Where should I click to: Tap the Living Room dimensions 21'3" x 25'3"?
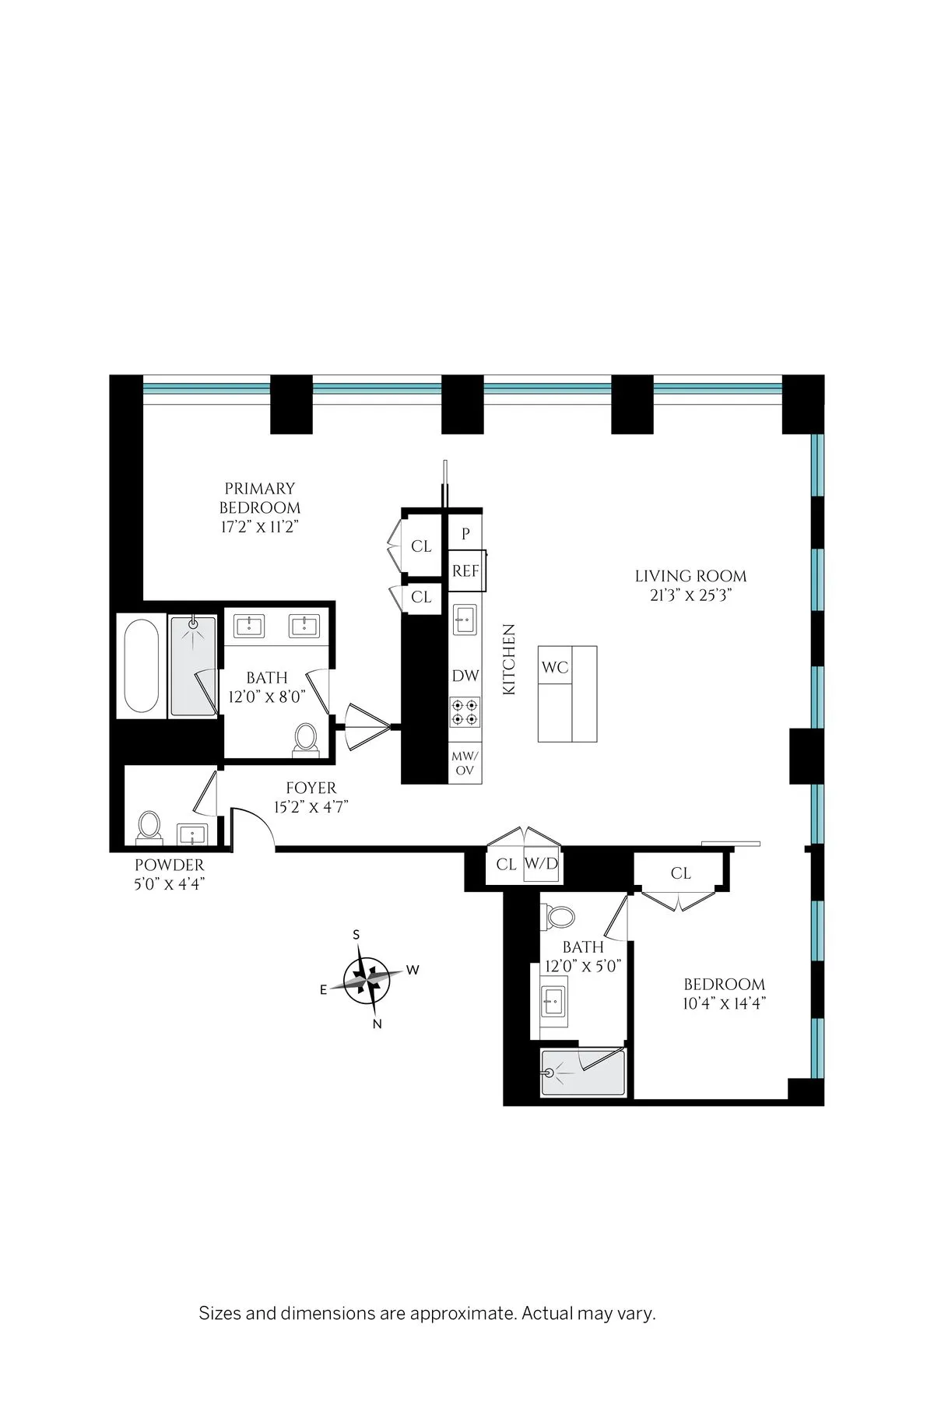[690, 596]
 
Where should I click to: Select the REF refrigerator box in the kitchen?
[465, 571]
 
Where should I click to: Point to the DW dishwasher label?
[465, 676]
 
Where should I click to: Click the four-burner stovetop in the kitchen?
[465, 712]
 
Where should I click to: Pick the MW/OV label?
[465, 763]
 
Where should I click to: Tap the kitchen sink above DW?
[465, 621]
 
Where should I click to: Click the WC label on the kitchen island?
[555, 667]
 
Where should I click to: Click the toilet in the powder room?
[148, 827]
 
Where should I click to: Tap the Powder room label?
[169, 865]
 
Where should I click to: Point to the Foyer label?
[311, 788]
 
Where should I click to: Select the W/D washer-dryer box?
[541, 865]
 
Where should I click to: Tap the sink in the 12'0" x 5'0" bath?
[555, 998]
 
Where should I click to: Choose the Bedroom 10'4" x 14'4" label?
[724, 984]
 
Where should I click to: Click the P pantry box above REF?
[465, 534]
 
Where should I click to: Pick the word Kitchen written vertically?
[509, 658]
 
